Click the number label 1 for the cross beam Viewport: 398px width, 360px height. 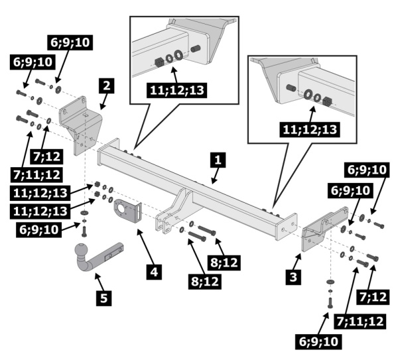coord(218,160)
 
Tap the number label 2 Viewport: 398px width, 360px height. coord(107,86)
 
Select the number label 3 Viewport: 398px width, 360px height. coord(293,276)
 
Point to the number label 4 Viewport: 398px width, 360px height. coord(154,272)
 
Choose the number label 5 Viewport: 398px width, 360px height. coord(104,298)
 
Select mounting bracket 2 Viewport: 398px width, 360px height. coord(81,125)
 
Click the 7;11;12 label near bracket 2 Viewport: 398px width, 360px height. coord(36,175)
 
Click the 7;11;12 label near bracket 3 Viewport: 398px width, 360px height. coord(360,322)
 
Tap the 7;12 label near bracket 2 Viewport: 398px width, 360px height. coord(46,156)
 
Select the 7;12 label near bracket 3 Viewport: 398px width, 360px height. coord(373,297)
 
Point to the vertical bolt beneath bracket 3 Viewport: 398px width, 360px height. coord(330,302)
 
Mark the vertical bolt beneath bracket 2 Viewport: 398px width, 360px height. coord(84,231)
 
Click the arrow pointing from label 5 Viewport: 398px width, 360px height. coord(99,282)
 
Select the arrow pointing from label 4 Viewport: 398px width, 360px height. coord(145,247)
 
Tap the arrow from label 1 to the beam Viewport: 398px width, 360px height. coord(215,176)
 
